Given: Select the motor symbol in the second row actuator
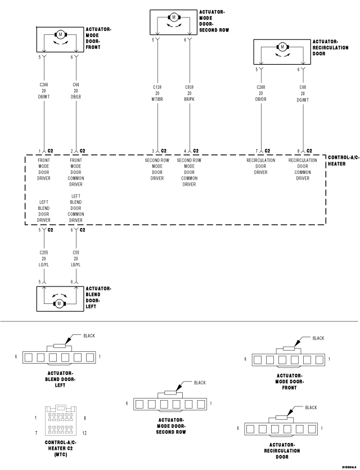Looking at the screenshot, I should (x=174, y=17).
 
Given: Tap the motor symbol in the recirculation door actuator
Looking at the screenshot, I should (x=282, y=47).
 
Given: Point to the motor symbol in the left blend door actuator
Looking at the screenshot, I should (x=59, y=303).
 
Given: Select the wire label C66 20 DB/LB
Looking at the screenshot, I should (x=75, y=91).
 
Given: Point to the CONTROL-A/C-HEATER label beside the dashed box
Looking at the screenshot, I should (x=343, y=160).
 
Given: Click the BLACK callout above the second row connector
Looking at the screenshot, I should (x=199, y=383).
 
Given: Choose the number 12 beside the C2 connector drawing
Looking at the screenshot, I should (x=84, y=433).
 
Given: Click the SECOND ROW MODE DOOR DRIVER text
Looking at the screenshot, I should (x=157, y=169).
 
